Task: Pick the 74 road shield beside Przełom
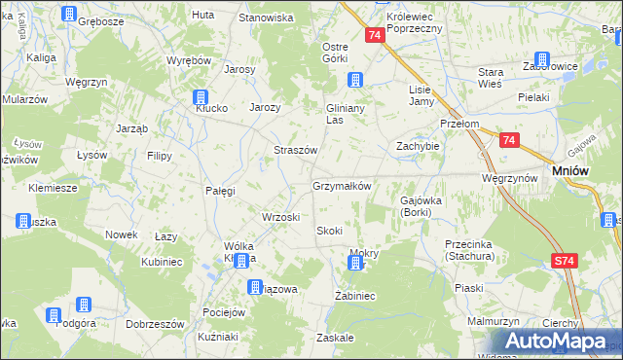(x=508, y=140)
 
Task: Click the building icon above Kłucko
(x=201, y=97)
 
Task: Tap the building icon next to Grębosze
(x=70, y=14)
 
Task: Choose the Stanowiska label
(x=267, y=18)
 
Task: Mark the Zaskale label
(x=334, y=338)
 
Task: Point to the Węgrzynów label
(x=509, y=179)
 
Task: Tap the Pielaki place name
(x=534, y=97)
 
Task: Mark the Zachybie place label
(x=418, y=146)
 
